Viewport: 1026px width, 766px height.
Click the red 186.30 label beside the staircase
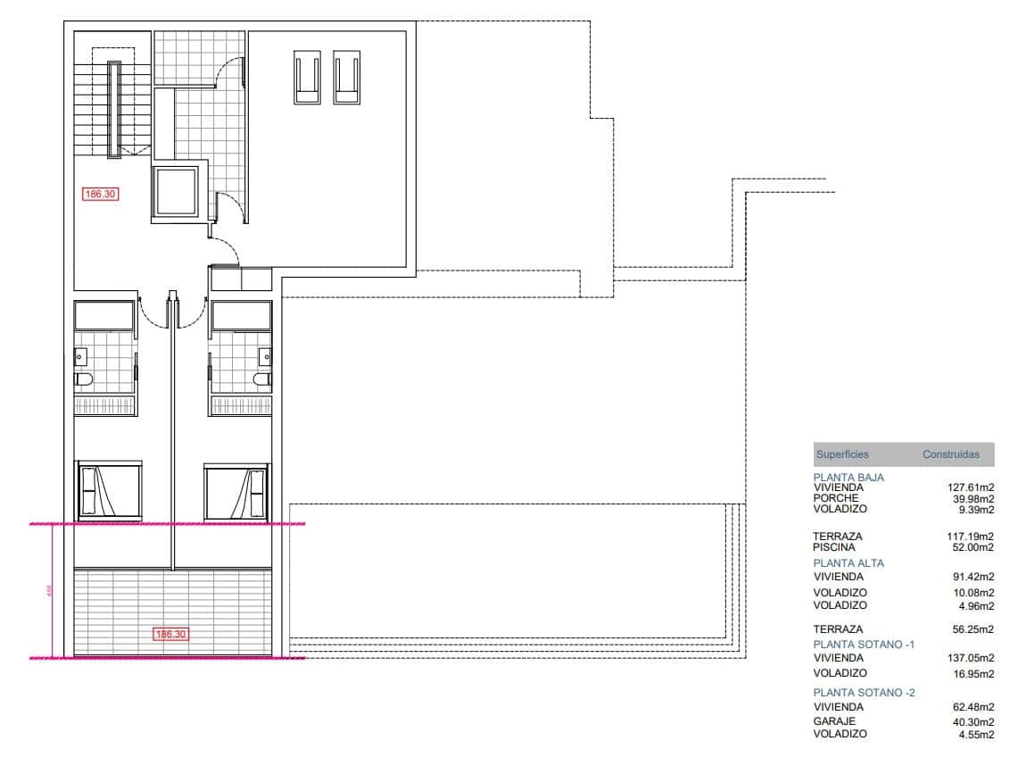click(100, 193)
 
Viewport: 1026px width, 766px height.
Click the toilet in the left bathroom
click(84, 379)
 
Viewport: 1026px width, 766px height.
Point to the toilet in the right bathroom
click(261, 379)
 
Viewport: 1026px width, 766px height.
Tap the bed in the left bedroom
click(109, 490)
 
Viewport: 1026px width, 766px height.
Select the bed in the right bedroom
click(236, 490)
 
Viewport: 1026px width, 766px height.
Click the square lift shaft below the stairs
click(178, 191)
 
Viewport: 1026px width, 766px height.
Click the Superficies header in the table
click(841, 454)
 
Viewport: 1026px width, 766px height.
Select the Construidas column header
click(950, 454)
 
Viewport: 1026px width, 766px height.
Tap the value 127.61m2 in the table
click(970, 487)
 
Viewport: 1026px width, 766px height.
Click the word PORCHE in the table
click(835, 498)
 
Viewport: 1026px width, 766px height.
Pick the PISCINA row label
click(833, 547)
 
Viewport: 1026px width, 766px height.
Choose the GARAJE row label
click(834, 721)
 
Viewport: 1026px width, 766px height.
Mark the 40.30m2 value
click(973, 721)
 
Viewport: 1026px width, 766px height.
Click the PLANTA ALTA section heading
click(848, 563)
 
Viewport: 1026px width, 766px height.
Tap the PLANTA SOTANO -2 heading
click(864, 693)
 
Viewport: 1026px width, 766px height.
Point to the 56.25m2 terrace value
click(973, 629)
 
